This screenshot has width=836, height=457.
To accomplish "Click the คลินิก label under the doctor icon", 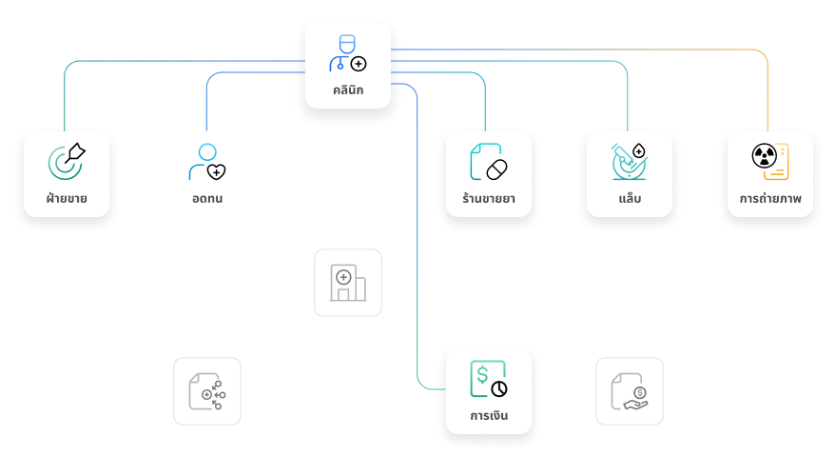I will tap(348, 91).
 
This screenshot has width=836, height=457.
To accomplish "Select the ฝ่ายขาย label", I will tap(67, 200).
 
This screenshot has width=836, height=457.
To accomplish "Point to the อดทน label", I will tap(207, 200).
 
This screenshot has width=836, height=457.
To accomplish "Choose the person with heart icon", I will tap(206, 161).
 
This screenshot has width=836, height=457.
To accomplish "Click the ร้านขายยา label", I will tap(489, 200).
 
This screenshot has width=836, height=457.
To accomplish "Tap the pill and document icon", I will tap(489, 161).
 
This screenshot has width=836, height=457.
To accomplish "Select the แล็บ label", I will tap(630, 200).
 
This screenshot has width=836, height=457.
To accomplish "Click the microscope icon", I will tap(629, 161).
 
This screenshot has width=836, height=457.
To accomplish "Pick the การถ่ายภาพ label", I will tap(770, 200).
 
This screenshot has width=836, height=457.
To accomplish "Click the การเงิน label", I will tap(489, 416).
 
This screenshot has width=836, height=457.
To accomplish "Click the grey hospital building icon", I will tap(348, 283).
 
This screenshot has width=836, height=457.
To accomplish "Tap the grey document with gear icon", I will tap(207, 391).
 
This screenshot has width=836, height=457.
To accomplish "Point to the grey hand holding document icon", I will tap(630, 391).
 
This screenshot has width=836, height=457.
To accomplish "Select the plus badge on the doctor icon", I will tap(359, 64).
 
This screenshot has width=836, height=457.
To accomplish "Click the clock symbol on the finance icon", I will tap(499, 388).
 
